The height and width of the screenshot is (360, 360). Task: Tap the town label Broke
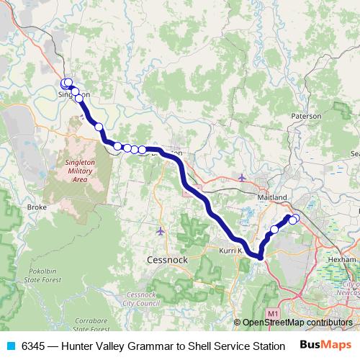[37, 207]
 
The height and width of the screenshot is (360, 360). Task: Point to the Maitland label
[273, 197]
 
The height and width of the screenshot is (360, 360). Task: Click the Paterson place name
[306, 115]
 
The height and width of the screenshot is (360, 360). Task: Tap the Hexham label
[341, 258]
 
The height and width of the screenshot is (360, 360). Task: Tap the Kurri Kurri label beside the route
[231, 251]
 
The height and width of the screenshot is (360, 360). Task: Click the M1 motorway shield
[271, 315]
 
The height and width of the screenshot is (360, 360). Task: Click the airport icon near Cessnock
[160, 231]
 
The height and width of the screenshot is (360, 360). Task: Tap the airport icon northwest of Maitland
[241, 176]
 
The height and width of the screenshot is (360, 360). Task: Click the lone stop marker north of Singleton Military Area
[99, 127]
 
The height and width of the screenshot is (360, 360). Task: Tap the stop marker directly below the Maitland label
[274, 230]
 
